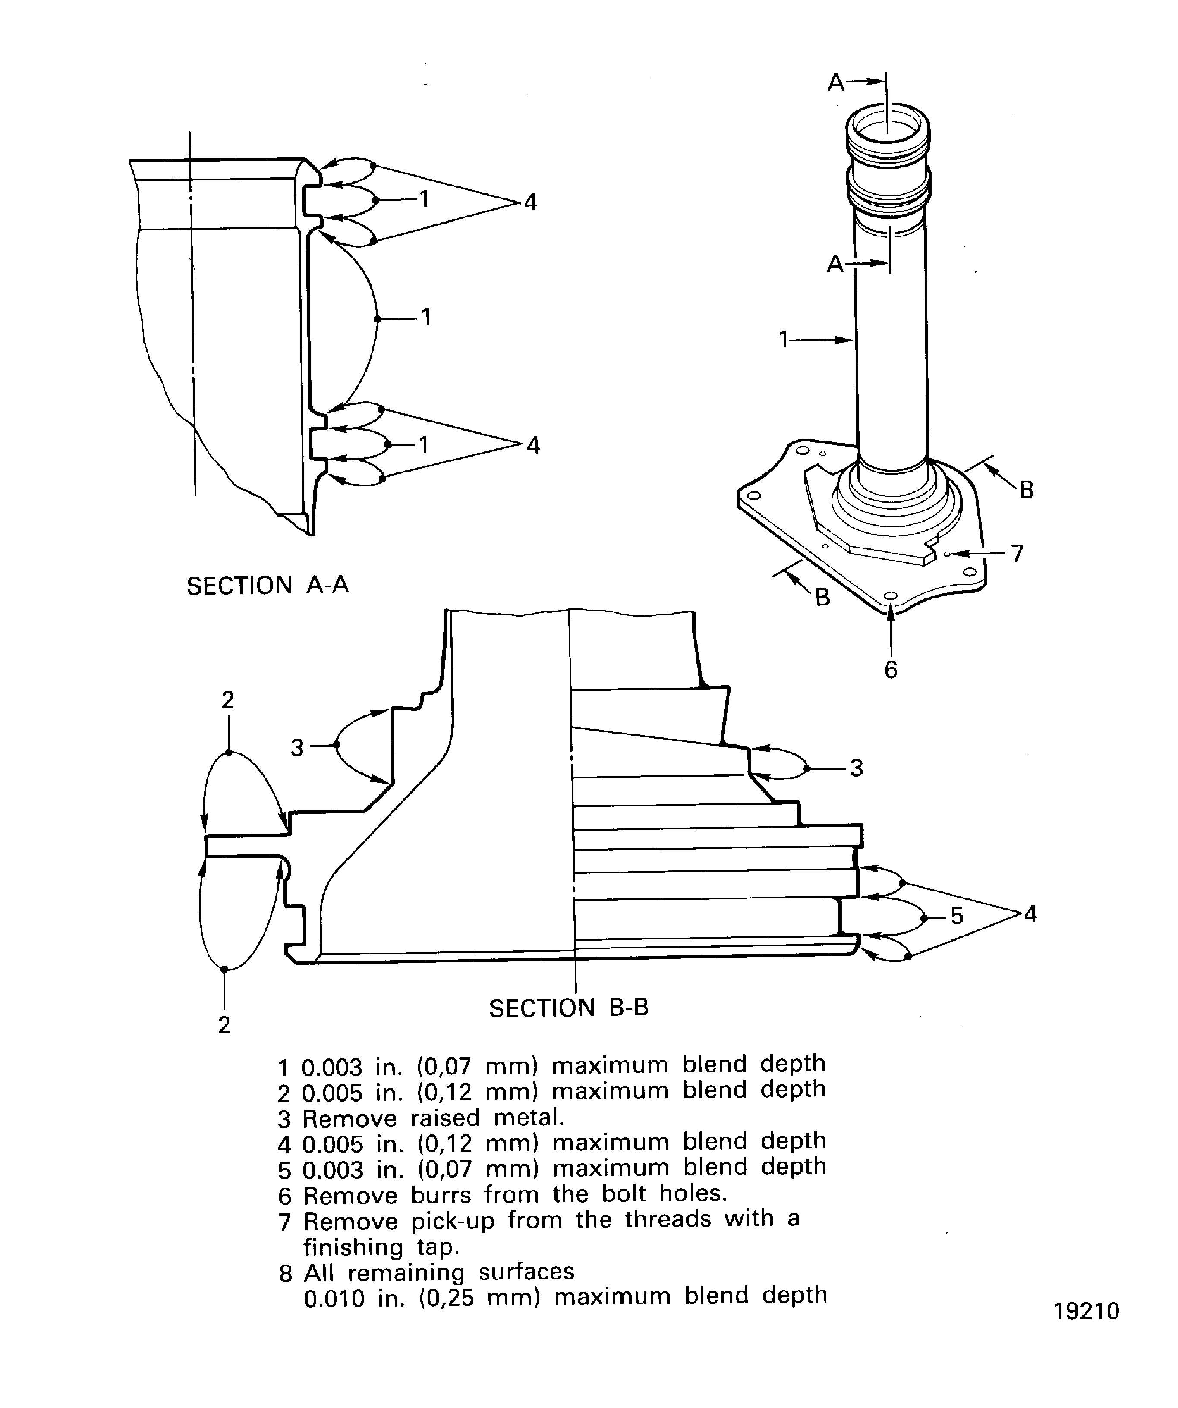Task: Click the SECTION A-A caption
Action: coord(268,586)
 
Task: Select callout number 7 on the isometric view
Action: coord(1017,553)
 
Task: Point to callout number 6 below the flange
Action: coord(890,669)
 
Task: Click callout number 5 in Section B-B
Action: coord(957,916)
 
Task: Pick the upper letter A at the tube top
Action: coord(835,82)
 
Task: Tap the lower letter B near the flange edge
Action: coord(822,597)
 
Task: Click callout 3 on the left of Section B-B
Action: coord(297,747)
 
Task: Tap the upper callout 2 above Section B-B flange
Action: coord(228,700)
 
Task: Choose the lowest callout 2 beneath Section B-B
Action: coord(224,1024)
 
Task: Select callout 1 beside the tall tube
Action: coord(783,340)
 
